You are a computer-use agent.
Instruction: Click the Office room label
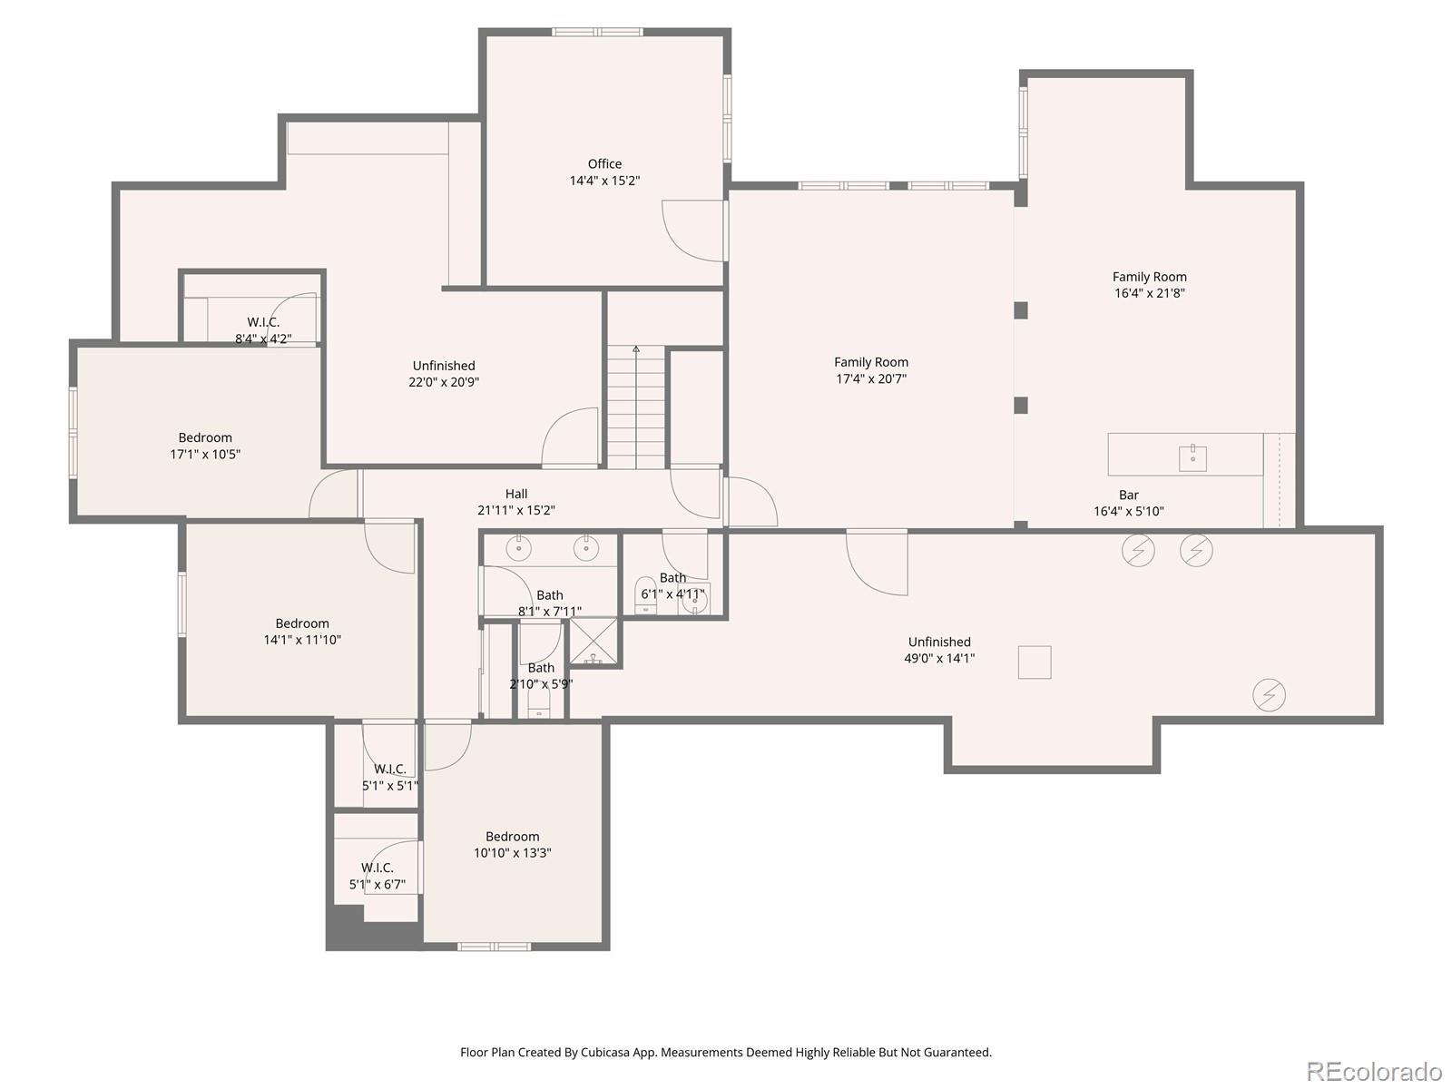pos(604,164)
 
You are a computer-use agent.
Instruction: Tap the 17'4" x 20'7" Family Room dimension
pos(871,378)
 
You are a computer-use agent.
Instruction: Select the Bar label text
pos(1129,495)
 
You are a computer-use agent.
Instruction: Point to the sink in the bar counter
pos(1192,456)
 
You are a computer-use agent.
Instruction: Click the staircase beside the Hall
pos(636,407)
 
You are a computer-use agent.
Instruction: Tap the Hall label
pos(516,494)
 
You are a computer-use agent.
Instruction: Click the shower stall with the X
pos(594,642)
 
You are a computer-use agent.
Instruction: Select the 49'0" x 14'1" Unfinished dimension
pos(939,659)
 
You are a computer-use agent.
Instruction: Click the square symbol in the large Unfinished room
pos(1034,662)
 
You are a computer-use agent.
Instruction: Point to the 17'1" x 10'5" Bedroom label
pos(205,446)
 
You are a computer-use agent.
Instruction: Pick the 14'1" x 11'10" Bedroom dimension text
pos(302,640)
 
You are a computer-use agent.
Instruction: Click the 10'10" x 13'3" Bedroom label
pos(512,844)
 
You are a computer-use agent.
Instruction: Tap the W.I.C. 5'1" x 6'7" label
pos(377,876)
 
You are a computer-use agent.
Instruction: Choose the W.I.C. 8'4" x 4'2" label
pos(263,330)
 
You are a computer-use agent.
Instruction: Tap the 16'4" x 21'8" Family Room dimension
pos(1150,293)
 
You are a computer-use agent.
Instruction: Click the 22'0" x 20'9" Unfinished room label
pos(444,374)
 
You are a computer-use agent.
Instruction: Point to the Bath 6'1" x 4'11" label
pos(672,586)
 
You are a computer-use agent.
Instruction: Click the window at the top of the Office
pos(597,32)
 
